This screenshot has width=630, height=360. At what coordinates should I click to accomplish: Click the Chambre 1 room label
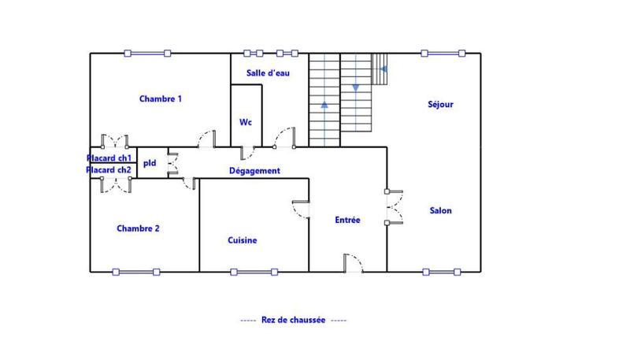point(161,98)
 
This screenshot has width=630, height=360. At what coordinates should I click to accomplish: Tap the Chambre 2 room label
point(139,228)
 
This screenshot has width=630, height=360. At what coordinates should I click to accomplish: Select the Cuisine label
point(243,240)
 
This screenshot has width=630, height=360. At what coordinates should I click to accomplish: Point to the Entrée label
point(347,220)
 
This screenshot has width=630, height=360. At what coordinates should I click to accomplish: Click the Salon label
point(441,210)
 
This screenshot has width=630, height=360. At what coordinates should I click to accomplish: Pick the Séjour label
point(440,103)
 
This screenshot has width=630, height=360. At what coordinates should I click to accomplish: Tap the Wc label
point(246,122)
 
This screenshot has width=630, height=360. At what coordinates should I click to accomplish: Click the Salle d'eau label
point(268,73)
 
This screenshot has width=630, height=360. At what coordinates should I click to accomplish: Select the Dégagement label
point(254,171)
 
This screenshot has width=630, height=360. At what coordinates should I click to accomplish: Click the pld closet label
point(150,164)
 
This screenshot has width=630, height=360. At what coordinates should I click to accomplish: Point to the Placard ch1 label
point(109,158)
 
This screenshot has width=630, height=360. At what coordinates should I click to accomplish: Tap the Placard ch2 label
point(109,169)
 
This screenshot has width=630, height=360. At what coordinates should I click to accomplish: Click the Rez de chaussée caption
point(293,321)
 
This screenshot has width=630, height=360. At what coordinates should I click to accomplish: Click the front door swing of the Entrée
point(353,263)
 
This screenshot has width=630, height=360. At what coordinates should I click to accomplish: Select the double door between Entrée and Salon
point(393,207)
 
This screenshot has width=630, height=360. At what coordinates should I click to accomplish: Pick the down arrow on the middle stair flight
point(355,87)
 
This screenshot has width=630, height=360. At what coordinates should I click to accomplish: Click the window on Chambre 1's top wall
point(147,54)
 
